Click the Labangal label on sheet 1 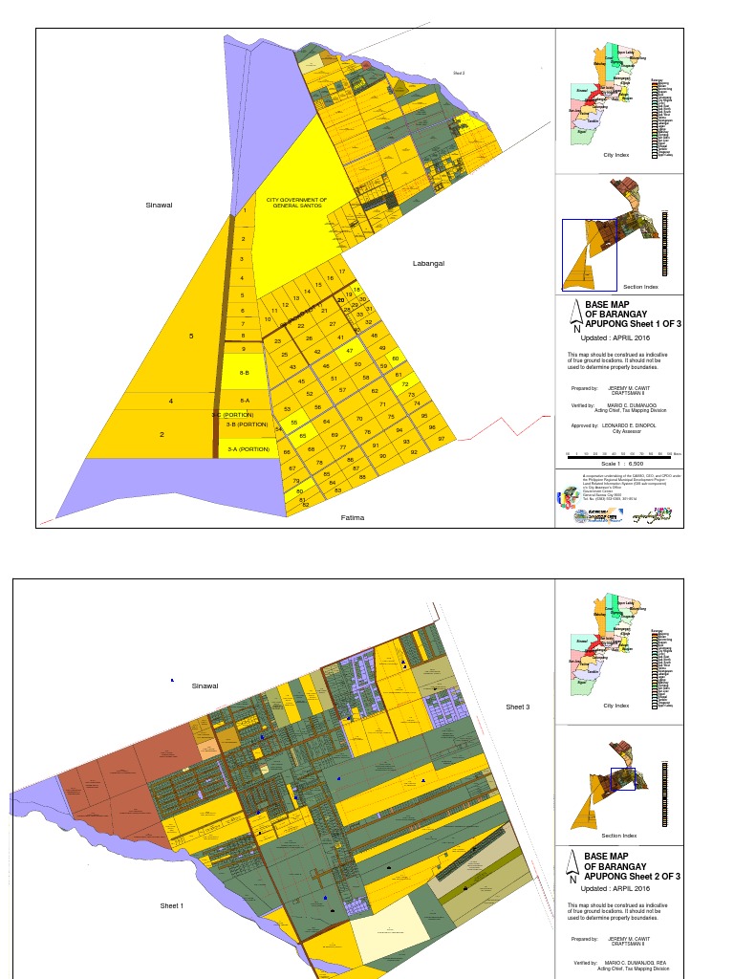click(428, 264)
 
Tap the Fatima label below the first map click(354, 518)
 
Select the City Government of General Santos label click(296, 203)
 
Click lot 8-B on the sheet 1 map click(244, 373)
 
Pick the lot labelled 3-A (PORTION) click(247, 448)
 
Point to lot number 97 click(442, 438)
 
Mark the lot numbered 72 click(405, 384)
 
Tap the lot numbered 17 click(341, 272)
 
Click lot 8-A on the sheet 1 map click(245, 401)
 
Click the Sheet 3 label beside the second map click(517, 707)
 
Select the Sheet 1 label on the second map click(171, 904)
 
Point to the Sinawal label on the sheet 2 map click(205, 685)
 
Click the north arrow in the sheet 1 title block click(575, 315)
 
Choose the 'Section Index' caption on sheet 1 click(640, 287)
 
